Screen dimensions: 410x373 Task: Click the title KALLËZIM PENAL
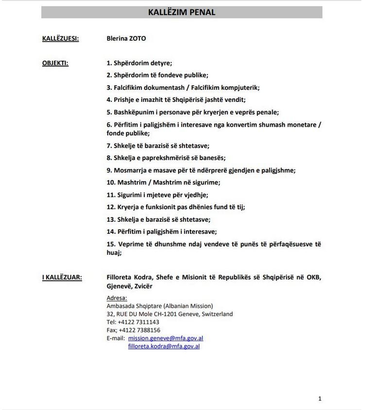[182, 13]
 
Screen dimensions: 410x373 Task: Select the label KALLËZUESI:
[60, 38]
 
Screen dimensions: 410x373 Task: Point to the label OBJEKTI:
[55, 63]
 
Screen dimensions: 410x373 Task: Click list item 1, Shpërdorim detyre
[139, 63]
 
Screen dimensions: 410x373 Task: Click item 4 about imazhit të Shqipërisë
[176, 100]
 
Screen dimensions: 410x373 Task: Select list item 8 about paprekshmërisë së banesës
[166, 158]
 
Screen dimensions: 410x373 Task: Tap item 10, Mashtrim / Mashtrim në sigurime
[163, 182]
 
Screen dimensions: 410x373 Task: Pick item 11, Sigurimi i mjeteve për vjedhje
[157, 195]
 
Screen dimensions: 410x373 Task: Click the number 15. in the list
[111, 244]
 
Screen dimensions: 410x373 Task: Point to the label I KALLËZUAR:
[62, 278]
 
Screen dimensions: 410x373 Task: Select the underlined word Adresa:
[117, 298]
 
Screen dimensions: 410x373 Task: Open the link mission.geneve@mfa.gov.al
[166, 338]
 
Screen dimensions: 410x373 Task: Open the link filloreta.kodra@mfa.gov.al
[164, 346]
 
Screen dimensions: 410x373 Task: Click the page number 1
[320, 399]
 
